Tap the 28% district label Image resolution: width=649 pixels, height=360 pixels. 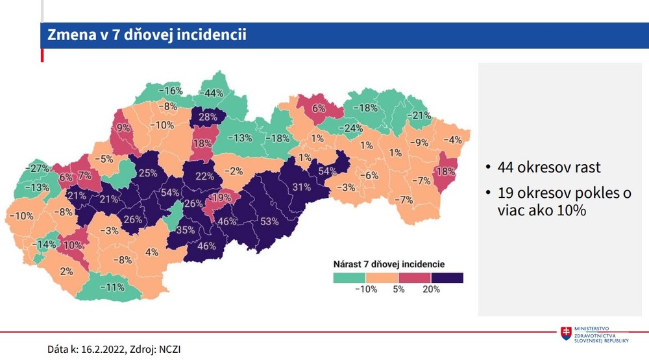pyautogui.click(x=208, y=117)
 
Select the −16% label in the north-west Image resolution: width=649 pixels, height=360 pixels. pyautogui.click(x=171, y=91)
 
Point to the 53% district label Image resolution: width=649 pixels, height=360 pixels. pyautogui.click(x=269, y=221)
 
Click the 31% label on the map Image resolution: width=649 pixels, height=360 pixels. pyautogui.click(x=301, y=187)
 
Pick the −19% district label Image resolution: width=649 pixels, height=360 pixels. pyautogui.click(x=221, y=197)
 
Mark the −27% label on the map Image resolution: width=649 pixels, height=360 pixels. pyautogui.click(x=40, y=169)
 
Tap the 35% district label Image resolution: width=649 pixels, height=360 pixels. pyautogui.click(x=186, y=230)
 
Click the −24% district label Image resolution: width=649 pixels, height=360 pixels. pyautogui.click(x=352, y=128)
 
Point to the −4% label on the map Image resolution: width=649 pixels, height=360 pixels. pyautogui.click(x=452, y=139)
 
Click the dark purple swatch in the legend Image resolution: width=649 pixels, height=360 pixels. pyautogui.click(x=447, y=278)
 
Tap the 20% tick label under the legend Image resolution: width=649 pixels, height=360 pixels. pyautogui.click(x=432, y=289)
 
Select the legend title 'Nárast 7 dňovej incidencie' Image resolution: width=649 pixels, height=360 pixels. pyautogui.click(x=389, y=264)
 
